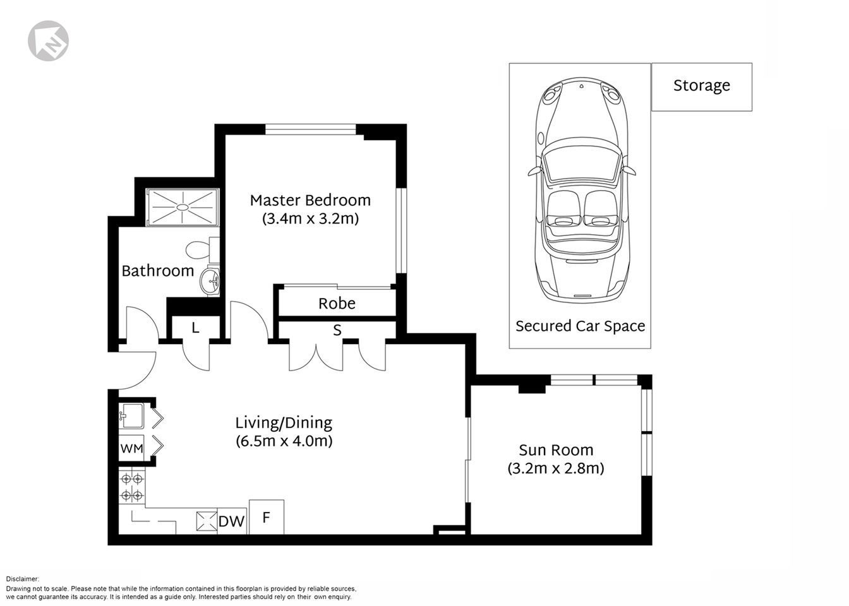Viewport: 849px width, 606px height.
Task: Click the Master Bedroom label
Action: click(310, 201)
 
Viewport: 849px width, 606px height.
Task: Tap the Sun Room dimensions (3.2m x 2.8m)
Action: click(556, 468)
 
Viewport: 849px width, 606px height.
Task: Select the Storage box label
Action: click(701, 86)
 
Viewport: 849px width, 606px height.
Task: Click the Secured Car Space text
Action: click(580, 326)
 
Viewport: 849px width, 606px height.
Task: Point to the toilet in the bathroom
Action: click(201, 250)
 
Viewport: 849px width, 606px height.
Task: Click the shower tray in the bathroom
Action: click(183, 207)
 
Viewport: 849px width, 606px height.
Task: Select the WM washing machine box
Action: click(131, 449)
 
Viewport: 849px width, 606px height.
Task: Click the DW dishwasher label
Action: click(231, 521)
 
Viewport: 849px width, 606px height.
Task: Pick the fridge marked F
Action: click(267, 518)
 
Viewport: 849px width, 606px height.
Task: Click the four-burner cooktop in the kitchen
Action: click(131, 487)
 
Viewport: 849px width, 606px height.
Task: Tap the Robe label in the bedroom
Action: click(337, 304)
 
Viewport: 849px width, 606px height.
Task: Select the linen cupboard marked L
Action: click(196, 328)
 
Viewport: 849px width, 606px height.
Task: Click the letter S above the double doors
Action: click(337, 330)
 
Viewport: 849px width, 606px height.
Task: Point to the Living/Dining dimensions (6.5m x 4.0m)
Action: click(284, 441)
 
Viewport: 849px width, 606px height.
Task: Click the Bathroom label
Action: click(157, 271)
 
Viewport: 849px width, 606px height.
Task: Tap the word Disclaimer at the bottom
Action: click(23, 579)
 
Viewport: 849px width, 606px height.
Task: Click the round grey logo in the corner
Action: click(48, 40)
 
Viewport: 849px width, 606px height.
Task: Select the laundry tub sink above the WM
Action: click(131, 415)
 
